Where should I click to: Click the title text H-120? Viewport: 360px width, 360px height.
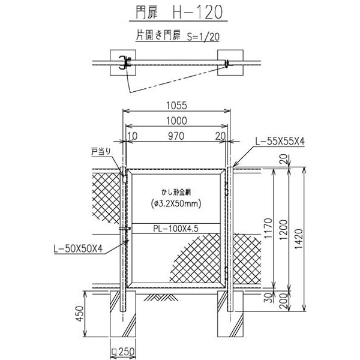coord(197,12)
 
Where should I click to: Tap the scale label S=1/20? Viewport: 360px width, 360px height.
coord(203,37)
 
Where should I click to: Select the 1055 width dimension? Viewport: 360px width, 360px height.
coord(176,106)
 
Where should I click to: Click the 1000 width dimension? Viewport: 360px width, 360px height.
coord(176,121)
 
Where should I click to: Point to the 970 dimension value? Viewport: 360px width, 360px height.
coord(176,136)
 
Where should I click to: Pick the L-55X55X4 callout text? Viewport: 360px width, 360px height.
coord(280,142)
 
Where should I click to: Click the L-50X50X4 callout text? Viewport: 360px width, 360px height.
coord(78,248)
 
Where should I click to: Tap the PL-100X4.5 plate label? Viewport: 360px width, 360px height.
coord(176,229)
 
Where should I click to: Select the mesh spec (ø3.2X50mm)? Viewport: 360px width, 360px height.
coord(176,203)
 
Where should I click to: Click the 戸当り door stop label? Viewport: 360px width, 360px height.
coord(101,152)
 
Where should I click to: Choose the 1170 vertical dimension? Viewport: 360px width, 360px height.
coord(268,229)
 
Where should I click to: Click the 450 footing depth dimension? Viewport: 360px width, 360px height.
coord(80,314)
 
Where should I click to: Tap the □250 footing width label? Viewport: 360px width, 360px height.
coord(123,352)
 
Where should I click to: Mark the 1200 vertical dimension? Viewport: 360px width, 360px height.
coord(284,230)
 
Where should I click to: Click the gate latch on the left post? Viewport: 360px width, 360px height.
coord(125,229)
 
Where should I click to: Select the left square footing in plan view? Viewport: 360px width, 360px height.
coord(123,62)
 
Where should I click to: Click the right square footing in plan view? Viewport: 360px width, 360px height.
coord(230,62)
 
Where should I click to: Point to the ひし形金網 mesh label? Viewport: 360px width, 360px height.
coord(176,193)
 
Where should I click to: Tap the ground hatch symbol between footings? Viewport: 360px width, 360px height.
coord(161,298)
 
